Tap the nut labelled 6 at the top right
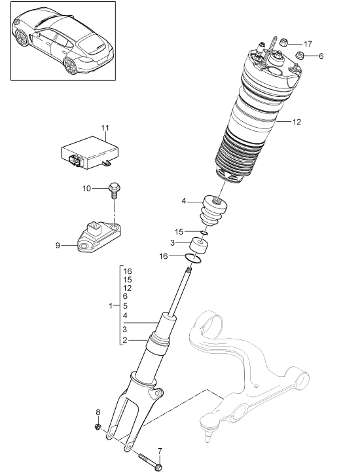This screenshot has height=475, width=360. (298, 56)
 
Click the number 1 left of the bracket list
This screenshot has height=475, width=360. (110, 306)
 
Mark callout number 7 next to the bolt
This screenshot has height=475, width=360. (160, 450)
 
